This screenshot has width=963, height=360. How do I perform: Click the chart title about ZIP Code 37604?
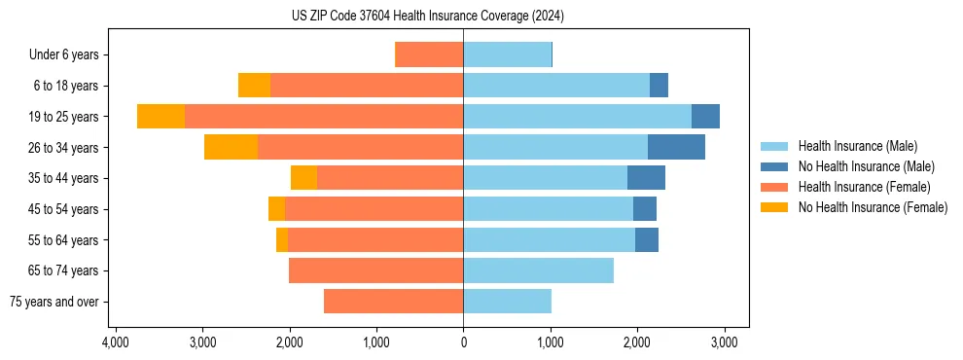pos(427,17)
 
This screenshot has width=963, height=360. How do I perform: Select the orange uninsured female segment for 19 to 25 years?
pos(160,117)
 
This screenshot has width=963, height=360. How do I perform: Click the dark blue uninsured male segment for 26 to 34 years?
pos(676,148)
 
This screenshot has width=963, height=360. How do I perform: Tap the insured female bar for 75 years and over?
pos(393,302)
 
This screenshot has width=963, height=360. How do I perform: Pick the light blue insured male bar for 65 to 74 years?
pos(538,270)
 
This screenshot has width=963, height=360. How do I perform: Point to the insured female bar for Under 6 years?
pos(430,55)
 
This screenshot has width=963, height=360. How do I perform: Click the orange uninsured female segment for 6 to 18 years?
pos(254,86)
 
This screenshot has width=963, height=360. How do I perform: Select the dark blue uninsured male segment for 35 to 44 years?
pos(646,178)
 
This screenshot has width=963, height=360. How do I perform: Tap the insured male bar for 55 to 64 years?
pos(549,240)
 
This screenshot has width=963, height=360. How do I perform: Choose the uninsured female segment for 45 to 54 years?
pos(276,209)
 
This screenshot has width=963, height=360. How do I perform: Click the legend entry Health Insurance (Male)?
pos(856,146)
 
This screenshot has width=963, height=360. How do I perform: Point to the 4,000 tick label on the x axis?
pos(116,343)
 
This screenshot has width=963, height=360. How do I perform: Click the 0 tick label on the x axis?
pos(463,343)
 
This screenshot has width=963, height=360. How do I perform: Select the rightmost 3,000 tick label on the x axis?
pos(724,343)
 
